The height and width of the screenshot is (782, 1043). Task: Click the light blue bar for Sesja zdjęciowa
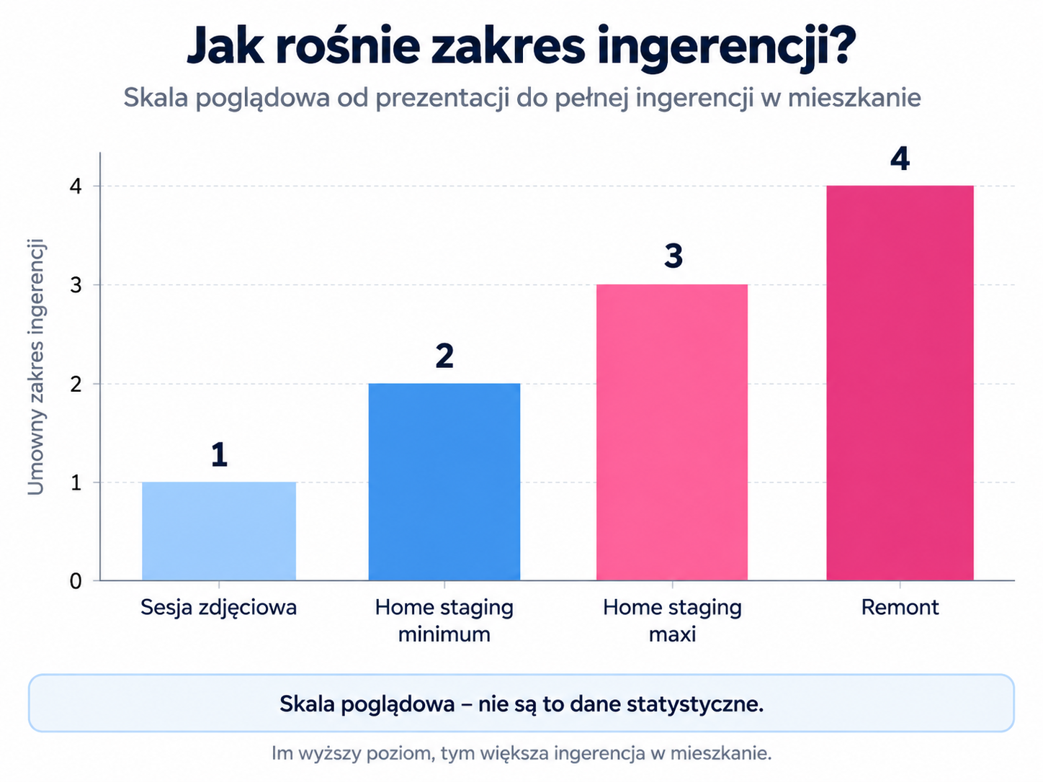click(x=219, y=531)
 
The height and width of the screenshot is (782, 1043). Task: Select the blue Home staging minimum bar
click(x=444, y=482)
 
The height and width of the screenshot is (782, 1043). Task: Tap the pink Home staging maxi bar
click(x=672, y=432)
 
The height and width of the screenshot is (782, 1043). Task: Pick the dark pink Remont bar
click(x=900, y=382)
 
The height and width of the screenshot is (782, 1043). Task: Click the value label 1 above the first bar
click(x=219, y=455)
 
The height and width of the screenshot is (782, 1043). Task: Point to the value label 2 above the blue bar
click(x=444, y=356)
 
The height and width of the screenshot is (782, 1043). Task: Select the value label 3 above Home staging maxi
click(x=673, y=256)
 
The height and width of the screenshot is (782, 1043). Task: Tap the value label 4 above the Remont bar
click(x=900, y=158)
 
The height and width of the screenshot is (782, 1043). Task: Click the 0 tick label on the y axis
click(x=76, y=581)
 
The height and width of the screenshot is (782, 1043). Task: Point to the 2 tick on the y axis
click(x=76, y=384)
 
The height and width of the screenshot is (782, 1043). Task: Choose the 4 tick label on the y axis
click(x=76, y=186)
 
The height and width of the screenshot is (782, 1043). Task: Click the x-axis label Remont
click(x=900, y=607)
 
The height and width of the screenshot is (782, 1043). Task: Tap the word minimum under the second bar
click(x=444, y=634)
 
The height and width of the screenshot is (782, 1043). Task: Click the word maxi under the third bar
click(x=672, y=634)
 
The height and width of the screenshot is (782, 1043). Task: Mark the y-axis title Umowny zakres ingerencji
click(x=36, y=367)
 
